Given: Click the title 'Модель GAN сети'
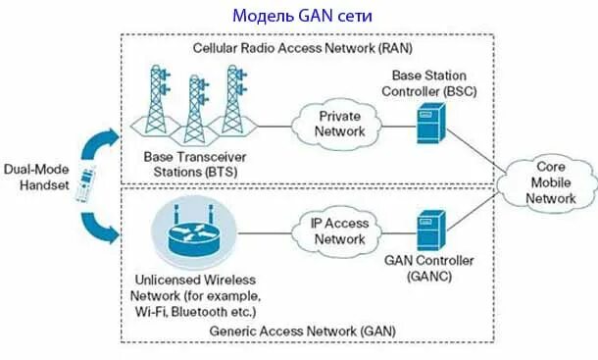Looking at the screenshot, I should pos(303,17).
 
